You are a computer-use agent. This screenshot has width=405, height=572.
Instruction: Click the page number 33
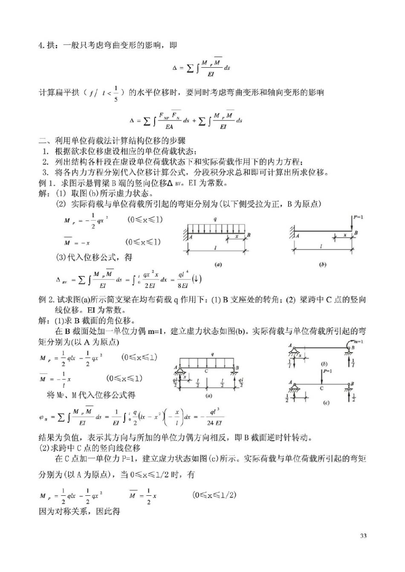tap(363, 536)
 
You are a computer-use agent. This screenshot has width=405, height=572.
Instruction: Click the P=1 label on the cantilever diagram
tap(358, 217)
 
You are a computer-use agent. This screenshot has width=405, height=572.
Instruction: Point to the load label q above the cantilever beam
tap(215, 219)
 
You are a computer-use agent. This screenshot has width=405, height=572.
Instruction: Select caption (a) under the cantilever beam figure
tap(218, 264)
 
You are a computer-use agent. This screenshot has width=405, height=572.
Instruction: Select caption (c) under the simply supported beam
tap(326, 403)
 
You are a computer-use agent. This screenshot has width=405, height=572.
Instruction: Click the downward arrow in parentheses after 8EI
tap(197, 279)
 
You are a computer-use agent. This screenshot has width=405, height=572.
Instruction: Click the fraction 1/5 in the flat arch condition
tap(116, 93)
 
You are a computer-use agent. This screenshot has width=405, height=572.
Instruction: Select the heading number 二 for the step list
tap(43, 141)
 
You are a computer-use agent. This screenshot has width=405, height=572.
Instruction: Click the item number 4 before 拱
tap(41, 45)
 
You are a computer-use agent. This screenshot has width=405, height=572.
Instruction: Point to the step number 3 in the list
tap(46, 172)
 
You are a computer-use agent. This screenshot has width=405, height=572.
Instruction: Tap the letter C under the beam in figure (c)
tap(321, 388)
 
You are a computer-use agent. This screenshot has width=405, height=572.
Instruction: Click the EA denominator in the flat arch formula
tap(169, 126)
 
